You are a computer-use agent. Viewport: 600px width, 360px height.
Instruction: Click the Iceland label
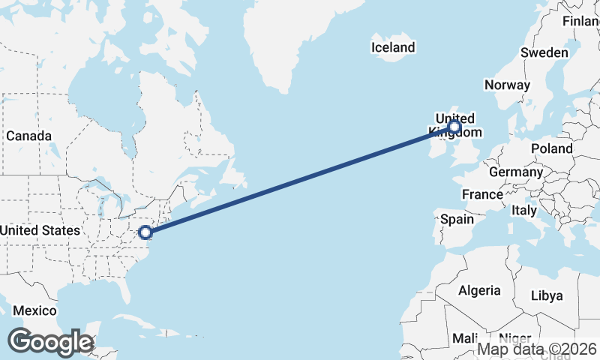(393, 47)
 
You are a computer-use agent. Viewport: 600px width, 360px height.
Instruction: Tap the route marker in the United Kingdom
(454, 127)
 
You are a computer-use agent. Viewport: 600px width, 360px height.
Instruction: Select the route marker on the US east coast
(145, 232)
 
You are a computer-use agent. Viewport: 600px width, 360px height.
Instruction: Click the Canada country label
(28, 136)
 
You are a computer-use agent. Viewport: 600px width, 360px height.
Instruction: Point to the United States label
(40, 230)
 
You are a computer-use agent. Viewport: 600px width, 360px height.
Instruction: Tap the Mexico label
(34, 310)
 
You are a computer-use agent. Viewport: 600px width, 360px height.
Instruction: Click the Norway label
(507, 85)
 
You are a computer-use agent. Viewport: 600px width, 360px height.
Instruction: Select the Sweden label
(544, 52)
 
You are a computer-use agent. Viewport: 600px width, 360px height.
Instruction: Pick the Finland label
(582, 20)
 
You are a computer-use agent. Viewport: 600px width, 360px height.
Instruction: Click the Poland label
(551, 148)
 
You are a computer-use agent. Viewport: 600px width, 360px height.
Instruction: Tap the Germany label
(515, 172)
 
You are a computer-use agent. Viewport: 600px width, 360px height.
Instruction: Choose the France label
(482, 194)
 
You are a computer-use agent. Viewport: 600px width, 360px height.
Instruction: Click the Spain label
(457, 219)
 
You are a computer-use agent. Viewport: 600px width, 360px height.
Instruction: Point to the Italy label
(524, 211)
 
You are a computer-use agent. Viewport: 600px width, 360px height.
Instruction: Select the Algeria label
(479, 289)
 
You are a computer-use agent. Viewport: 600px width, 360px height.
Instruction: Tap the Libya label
(547, 295)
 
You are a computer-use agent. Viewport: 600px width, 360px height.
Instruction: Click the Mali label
(465, 338)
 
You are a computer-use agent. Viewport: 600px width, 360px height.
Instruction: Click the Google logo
(50, 342)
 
